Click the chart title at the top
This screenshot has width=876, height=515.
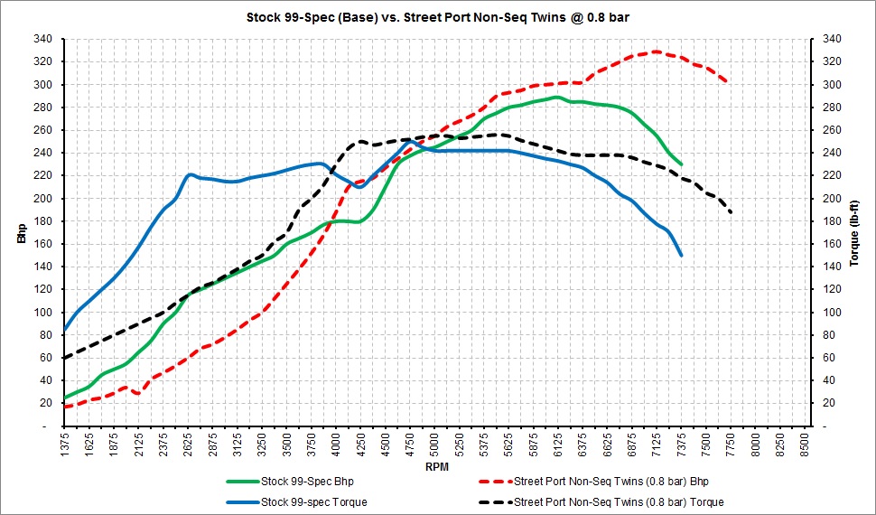(438, 17)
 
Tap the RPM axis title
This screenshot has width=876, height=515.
(437, 467)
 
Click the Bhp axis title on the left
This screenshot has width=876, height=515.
(22, 232)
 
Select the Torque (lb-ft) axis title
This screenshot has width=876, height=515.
(854, 233)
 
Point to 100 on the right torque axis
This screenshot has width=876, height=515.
(829, 312)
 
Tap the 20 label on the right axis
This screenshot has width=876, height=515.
(827, 403)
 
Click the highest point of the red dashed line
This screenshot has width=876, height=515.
(657, 51)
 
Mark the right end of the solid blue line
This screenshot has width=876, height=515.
(682, 256)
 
